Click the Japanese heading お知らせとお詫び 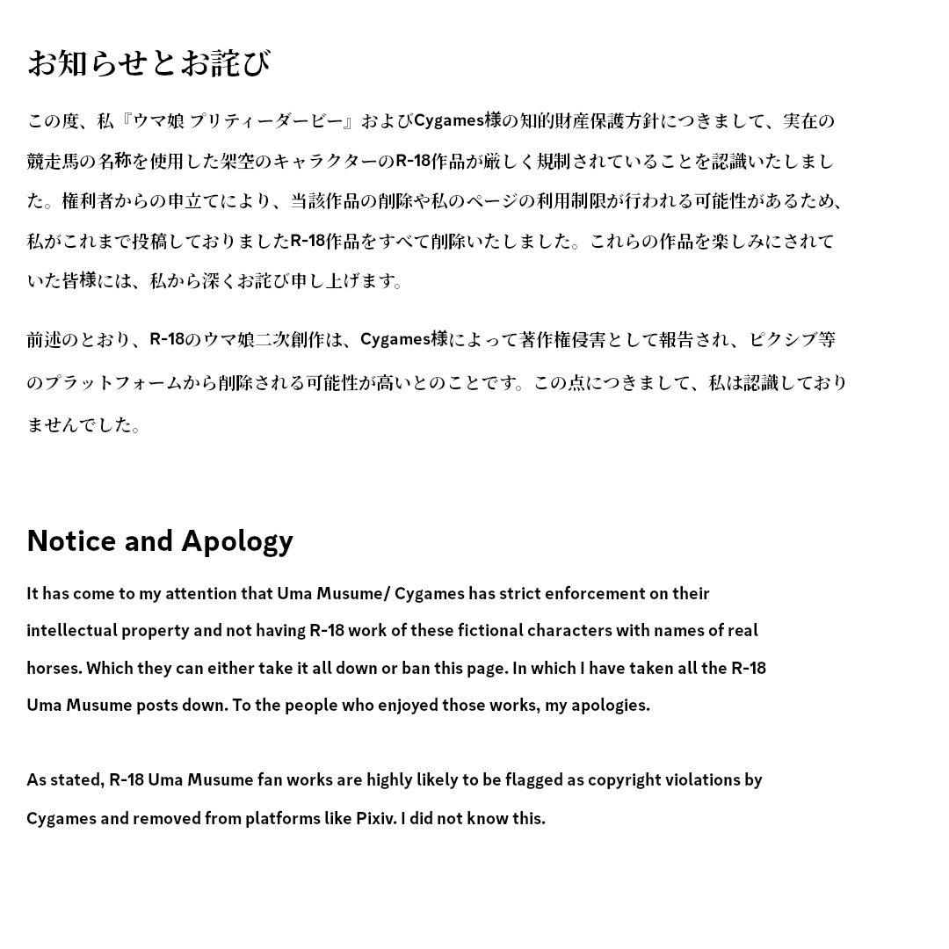click(x=149, y=63)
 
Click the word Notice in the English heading click(x=71, y=540)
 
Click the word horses click(x=54, y=668)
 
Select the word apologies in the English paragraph click(x=610, y=705)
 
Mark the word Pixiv click(x=375, y=818)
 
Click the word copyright click(x=624, y=779)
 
